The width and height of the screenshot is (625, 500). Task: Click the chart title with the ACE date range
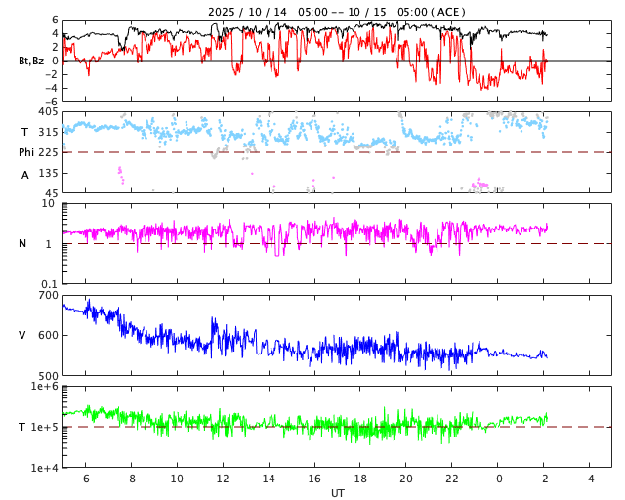coord(337,12)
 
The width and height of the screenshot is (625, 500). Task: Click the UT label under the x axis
coord(337,493)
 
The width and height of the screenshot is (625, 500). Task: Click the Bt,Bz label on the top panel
coord(30,61)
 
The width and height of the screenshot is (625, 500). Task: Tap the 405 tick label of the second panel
coord(48,112)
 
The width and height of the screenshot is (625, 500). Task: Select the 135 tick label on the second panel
coord(48,173)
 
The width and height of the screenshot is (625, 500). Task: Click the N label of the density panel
coord(23,243)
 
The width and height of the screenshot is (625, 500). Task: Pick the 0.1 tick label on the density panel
coord(48,284)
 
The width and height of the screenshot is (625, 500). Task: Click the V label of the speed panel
coord(22,335)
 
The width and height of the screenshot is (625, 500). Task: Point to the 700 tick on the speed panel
coord(48,295)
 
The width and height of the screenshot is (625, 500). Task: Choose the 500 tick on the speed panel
coord(48,375)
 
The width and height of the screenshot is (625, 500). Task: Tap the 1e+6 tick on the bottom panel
coord(44,387)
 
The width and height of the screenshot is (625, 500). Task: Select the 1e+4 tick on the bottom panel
coord(44,468)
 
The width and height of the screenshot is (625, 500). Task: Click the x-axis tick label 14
coord(269,479)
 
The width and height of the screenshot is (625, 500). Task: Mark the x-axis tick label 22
coord(452,479)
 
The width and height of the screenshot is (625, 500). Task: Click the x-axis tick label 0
coord(499,479)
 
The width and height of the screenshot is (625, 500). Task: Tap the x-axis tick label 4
coord(591,479)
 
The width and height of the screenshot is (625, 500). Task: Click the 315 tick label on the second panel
coord(48,132)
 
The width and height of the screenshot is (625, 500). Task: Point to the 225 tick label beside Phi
coord(48,152)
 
